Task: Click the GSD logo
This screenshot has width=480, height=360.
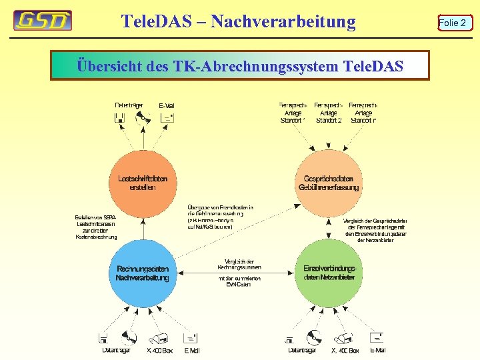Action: pyautogui.click(x=43, y=21)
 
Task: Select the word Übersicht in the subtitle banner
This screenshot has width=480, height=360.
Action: pyautogui.click(x=103, y=67)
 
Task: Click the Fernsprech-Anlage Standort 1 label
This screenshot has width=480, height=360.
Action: pyautogui.click(x=293, y=113)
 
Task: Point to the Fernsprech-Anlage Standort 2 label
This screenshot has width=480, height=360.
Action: pyautogui.click(x=329, y=113)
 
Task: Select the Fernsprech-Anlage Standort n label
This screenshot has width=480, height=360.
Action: pyautogui.click(x=364, y=113)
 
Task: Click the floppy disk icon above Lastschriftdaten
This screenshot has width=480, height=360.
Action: pyautogui.click(x=120, y=119)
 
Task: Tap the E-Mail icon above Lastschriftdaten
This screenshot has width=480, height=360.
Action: pyautogui.click(x=167, y=118)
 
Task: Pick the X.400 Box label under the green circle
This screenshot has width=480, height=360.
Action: pyautogui.click(x=345, y=351)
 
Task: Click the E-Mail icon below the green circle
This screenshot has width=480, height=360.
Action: pyautogui.click(x=378, y=337)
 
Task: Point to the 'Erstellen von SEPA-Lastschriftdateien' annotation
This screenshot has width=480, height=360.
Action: pyautogui.click(x=96, y=227)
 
